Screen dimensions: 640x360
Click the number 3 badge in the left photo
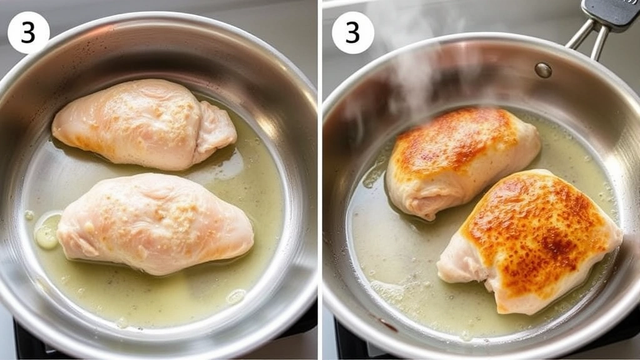[28, 32]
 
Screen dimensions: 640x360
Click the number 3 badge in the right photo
[352, 32]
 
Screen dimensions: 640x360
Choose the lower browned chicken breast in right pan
[531, 241]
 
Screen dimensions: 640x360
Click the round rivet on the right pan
[543, 70]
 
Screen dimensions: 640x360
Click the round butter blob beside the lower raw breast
[46, 231]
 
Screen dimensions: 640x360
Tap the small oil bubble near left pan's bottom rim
[236, 296]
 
